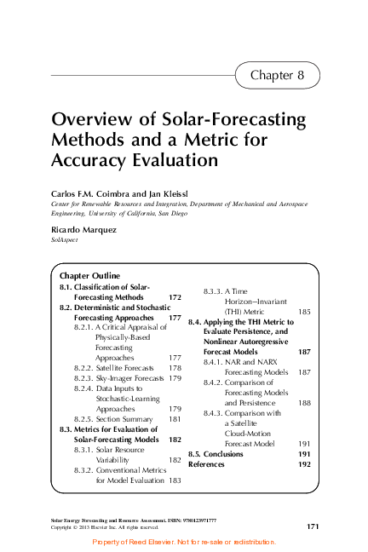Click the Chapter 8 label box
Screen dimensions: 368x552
click(277, 75)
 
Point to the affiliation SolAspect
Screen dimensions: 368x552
click(65, 241)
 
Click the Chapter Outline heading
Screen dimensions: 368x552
click(89, 276)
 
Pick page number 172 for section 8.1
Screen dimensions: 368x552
click(175, 297)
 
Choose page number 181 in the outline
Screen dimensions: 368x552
click(175, 419)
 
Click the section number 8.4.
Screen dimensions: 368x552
click(195, 322)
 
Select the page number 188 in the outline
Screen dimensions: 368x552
click(304, 403)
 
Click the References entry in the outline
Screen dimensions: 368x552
click(207, 464)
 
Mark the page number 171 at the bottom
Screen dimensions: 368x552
click(312, 527)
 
